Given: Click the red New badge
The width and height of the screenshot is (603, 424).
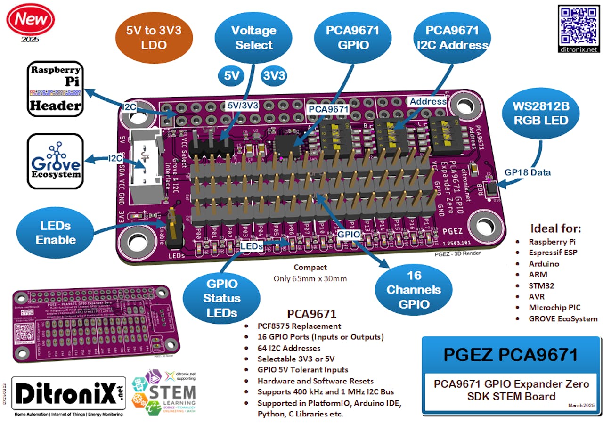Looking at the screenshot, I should click(x=30, y=19).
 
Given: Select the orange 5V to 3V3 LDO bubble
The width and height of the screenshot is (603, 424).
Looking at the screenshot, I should click(x=154, y=38).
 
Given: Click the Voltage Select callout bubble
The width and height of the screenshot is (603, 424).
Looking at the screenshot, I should click(x=254, y=38).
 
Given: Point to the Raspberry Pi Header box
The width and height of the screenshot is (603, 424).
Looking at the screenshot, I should click(x=55, y=89).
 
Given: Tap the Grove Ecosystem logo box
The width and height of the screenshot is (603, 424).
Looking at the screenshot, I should click(x=55, y=162).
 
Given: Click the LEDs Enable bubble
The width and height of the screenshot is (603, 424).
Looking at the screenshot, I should click(x=55, y=232).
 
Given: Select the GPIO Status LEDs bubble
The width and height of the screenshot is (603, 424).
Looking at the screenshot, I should click(x=221, y=298).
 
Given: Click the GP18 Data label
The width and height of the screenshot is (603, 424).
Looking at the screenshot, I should click(x=528, y=172).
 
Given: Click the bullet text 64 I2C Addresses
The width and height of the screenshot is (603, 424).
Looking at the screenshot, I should click(x=289, y=348).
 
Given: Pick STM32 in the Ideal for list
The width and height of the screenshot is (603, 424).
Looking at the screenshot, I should click(x=541, y=285).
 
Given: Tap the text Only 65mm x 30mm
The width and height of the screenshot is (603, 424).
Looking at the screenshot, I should click(x=310, y=278).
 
